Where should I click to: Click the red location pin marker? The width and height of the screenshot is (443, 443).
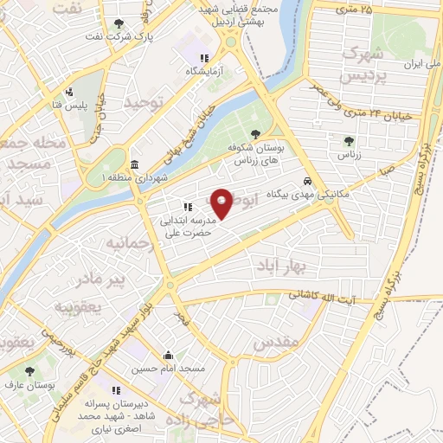tap(222, 203)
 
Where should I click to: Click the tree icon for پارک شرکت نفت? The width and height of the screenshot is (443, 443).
tap(119, 24)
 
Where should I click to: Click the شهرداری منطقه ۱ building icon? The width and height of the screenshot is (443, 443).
tap(133, 164)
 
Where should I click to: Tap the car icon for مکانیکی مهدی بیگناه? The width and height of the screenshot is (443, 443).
tap(307, 182)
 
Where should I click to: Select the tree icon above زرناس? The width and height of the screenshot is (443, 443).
tap(349, 140)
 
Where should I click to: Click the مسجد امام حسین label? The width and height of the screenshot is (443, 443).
tap(169, 369)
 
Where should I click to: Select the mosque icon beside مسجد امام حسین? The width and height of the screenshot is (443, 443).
tap(169, 356)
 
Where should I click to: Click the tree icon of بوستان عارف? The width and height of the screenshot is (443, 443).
tap(30, 370)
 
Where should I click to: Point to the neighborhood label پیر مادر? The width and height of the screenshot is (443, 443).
tap(102, 279)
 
